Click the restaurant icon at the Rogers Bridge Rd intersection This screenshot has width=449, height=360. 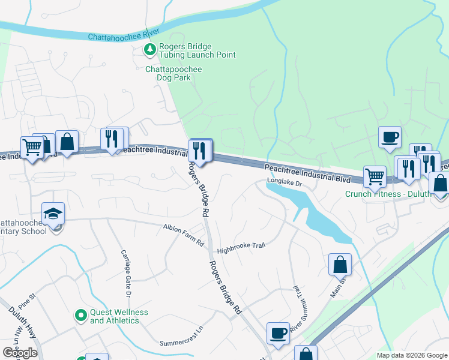coord(200,150)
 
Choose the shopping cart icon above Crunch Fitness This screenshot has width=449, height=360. coord(375,176)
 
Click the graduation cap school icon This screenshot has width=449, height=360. coord(53,214)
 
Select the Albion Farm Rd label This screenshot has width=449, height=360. coord(184,228)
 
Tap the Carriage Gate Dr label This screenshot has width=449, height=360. coord(125,274)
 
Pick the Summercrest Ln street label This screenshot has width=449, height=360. coord(182,344)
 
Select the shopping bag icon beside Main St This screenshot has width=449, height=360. coord(339,263)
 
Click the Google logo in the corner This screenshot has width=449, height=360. coord(20,353)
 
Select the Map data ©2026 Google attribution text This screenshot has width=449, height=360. coord(411,355)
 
